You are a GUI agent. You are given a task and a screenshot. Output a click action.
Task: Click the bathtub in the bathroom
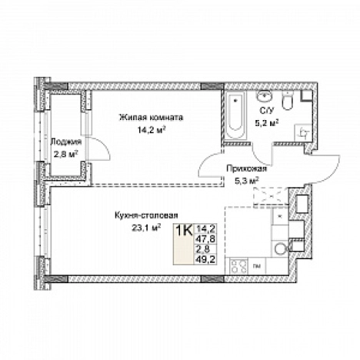point(235,115)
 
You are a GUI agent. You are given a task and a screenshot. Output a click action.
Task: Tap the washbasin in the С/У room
point(265,97)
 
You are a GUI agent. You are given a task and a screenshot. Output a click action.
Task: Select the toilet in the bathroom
point(288,101)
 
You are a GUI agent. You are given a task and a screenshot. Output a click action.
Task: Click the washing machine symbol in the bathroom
point(303,132)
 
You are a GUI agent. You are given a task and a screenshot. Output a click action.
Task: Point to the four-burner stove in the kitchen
point(238,266)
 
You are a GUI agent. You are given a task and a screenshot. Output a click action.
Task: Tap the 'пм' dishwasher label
point(257,266)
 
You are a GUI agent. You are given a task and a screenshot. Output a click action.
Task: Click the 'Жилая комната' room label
point(151,118)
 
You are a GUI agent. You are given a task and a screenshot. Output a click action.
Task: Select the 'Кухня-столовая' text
point(146,215)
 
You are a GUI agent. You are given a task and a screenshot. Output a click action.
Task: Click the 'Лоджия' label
point(66,142)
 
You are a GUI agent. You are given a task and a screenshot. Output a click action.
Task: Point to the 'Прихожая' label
point(246,169)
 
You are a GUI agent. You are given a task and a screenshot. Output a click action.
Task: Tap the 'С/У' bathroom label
point(264,111)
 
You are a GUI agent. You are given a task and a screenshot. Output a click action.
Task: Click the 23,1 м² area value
point(146,228)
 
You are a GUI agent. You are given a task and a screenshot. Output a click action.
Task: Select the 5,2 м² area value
point(267,124)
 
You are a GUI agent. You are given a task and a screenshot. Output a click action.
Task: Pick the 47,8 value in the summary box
point(205,239)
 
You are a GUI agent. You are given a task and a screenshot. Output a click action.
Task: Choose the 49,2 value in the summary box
point(205,259)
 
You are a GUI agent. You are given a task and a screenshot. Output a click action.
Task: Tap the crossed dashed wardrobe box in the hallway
point(270,196)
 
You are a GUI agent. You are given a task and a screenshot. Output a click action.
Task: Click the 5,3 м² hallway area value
point(246,182)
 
